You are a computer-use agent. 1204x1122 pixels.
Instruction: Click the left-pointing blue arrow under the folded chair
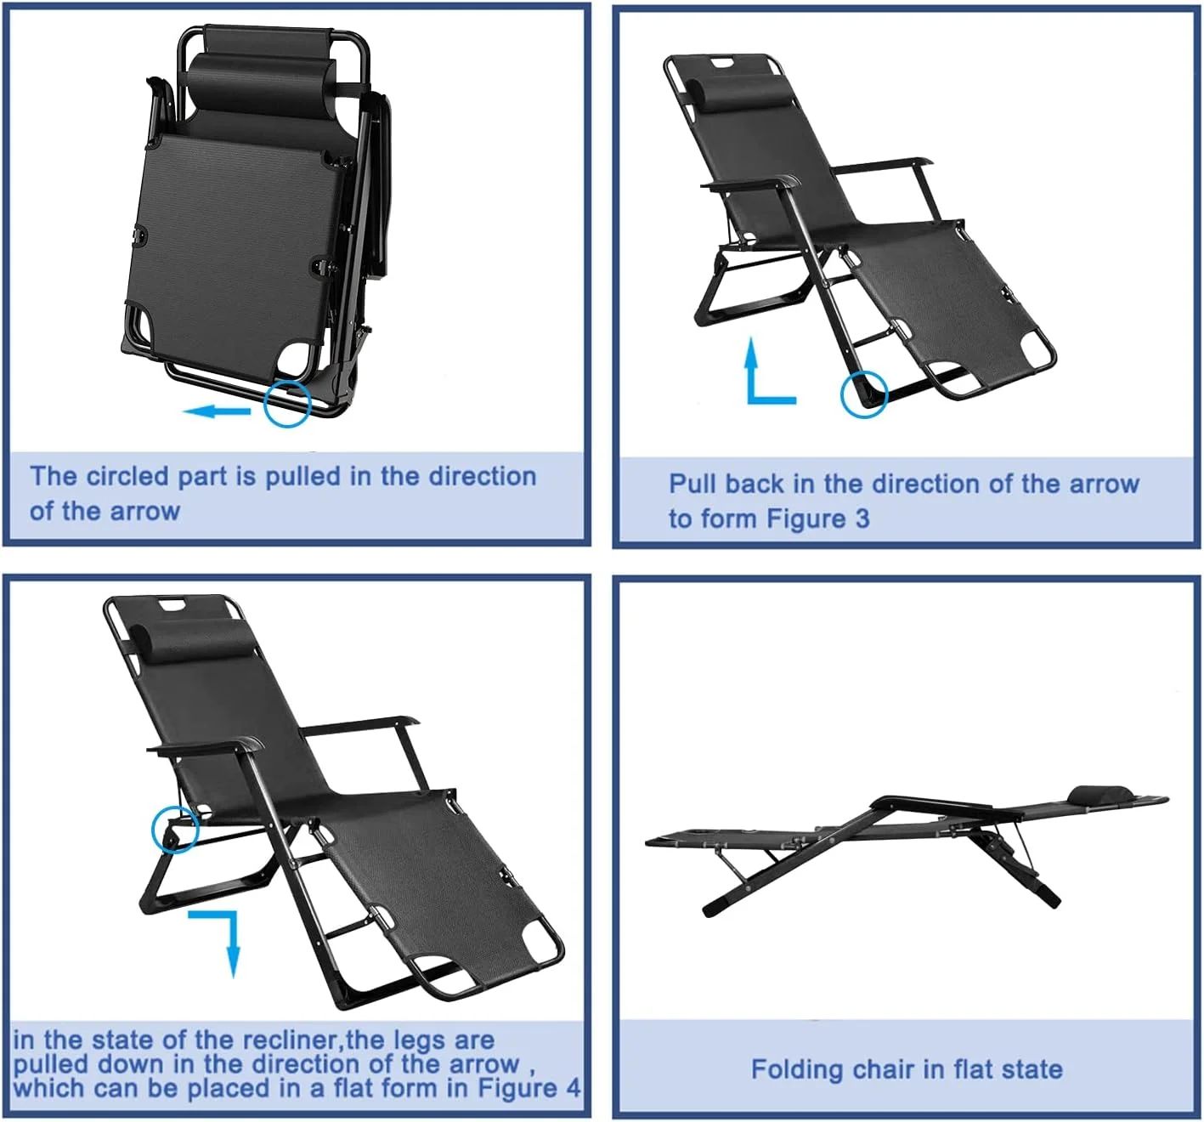click(217, 411)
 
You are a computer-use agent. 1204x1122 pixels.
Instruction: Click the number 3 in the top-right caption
click(862, 519)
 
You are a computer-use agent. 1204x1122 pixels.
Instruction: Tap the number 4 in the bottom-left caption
click(573, 1087)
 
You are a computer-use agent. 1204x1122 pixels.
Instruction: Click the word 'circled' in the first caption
click(128, 477)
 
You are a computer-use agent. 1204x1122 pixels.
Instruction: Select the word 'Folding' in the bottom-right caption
click(797, 1070)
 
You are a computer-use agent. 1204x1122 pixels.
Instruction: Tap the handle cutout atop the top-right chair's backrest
click(721, 62)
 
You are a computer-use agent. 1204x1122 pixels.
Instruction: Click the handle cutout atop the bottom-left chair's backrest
click(173, 605)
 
